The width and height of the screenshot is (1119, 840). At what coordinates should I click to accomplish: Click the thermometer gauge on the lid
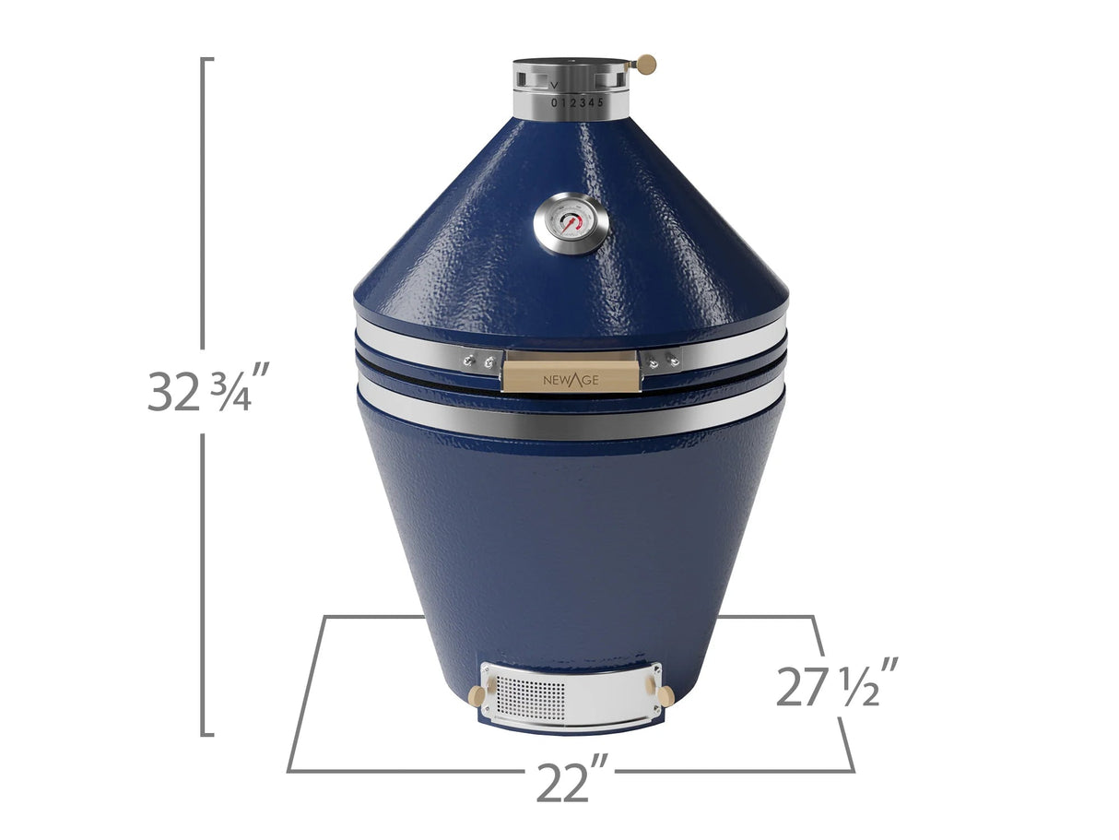[571, 223]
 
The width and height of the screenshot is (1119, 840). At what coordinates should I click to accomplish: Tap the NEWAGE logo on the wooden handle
[571, 376]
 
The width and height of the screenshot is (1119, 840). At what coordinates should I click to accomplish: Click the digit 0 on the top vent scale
[554, 102]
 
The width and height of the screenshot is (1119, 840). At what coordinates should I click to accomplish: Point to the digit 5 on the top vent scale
[601, 102]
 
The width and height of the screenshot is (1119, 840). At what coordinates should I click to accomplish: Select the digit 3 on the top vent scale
[583, 102]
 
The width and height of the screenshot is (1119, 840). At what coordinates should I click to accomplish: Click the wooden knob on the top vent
[647, 64]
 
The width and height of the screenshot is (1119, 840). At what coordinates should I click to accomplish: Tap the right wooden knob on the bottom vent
[664, 694]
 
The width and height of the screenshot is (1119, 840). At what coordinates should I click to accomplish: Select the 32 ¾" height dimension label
[208, 389]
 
